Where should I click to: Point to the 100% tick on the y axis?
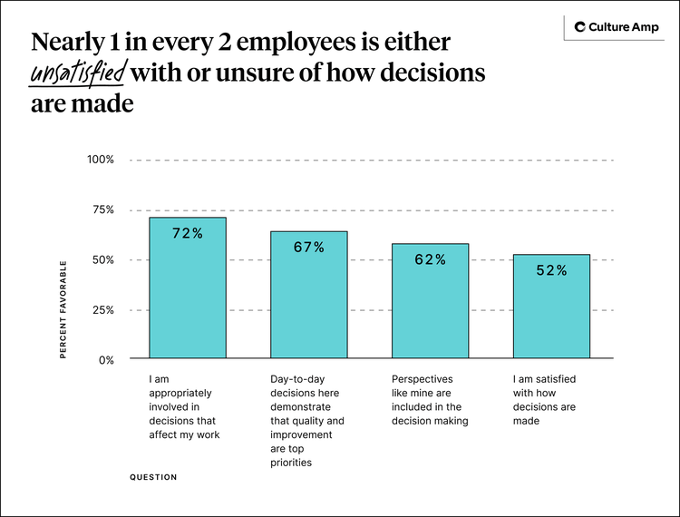click(101, 160)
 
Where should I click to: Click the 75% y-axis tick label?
click(103, 210)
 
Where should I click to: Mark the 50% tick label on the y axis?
click(103, 260)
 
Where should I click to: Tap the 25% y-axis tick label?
click(103, 310)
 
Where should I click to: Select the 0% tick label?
click(106, 360)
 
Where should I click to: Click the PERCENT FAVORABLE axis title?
click(63, 309)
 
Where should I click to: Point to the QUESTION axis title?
click(153, 477)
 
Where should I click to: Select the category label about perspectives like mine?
click(430, 400)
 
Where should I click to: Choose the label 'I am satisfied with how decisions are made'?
click(545, 400)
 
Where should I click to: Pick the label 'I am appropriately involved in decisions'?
click(185, 407)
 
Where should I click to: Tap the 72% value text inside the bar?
click(188, 234)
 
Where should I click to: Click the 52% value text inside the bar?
click(551, 270)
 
